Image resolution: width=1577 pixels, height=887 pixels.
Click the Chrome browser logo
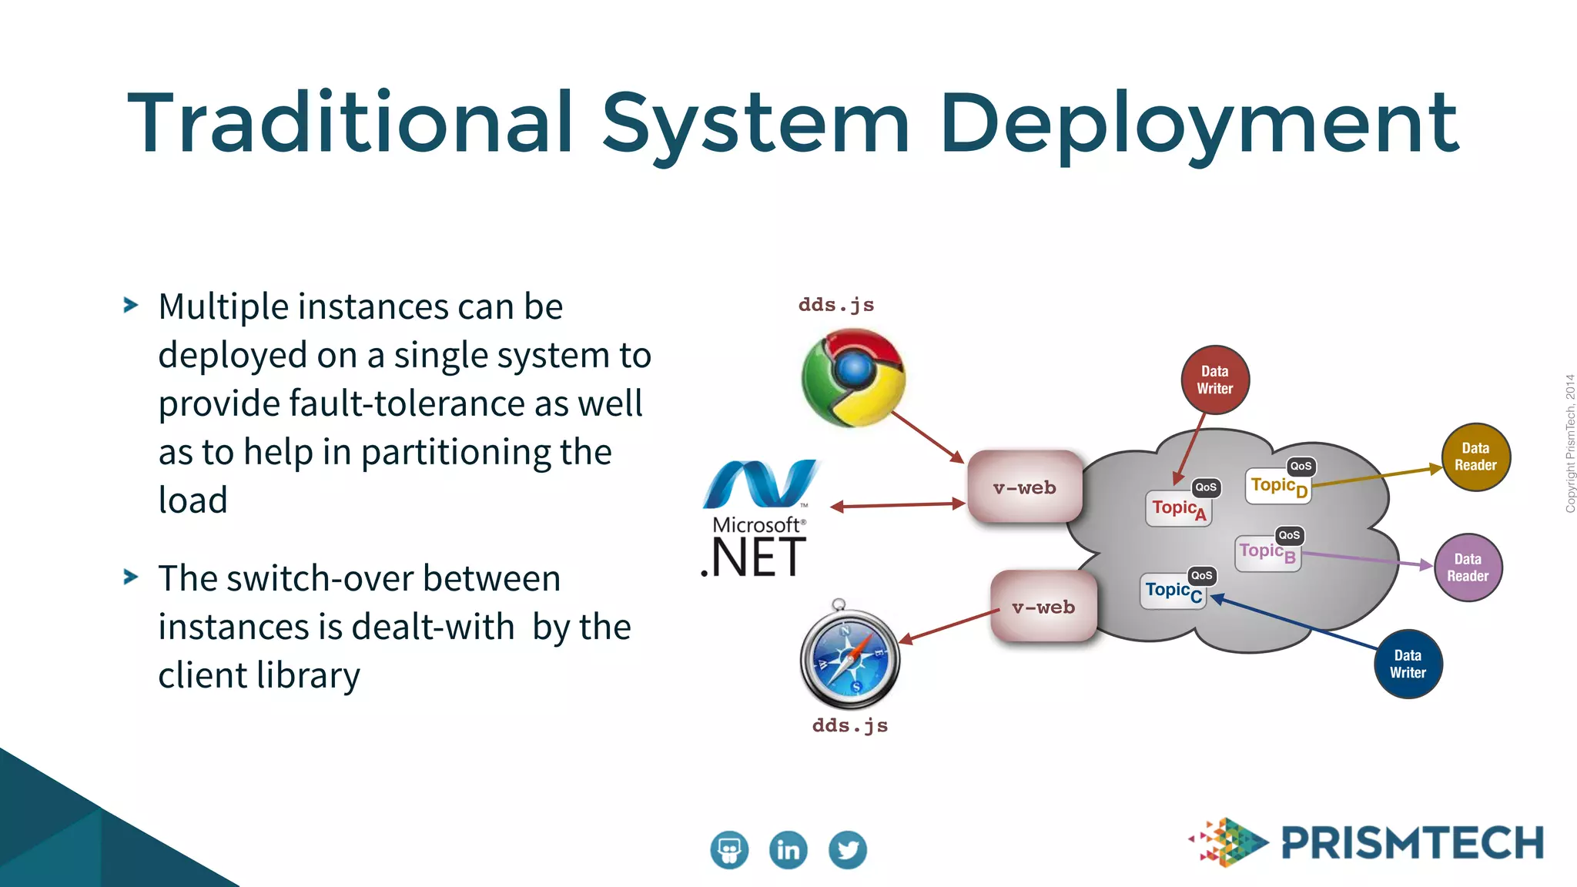coord(853,377)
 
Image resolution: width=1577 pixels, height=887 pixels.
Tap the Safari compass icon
coord(849,658)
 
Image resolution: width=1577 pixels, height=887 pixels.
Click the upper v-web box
coord(1025,487)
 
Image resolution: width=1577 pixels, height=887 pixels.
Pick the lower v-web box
coord(1043,607)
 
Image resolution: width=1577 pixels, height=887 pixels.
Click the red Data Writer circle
coord(1215,380)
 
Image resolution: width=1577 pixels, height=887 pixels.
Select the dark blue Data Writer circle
coord(1408,664)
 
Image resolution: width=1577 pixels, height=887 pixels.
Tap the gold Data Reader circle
coord(1475,457)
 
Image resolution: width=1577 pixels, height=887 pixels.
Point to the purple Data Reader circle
coord(1468,567)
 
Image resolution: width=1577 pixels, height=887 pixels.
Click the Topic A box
coord(1178,508)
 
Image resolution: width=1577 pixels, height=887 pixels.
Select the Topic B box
coord(1267,552)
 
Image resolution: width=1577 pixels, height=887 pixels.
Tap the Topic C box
coord(1173,591)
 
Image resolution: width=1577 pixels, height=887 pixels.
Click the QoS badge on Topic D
coord(1301,466)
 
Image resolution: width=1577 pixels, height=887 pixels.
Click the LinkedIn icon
coord(788,850)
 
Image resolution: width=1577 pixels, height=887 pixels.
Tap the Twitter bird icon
coord(848,850)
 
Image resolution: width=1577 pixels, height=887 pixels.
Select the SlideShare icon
coord(729,850)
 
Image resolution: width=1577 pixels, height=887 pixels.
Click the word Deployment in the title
coord(1198,123)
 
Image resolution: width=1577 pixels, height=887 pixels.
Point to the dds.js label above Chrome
coord(836,305)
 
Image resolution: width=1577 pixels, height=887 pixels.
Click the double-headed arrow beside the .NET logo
coord(898,505)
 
